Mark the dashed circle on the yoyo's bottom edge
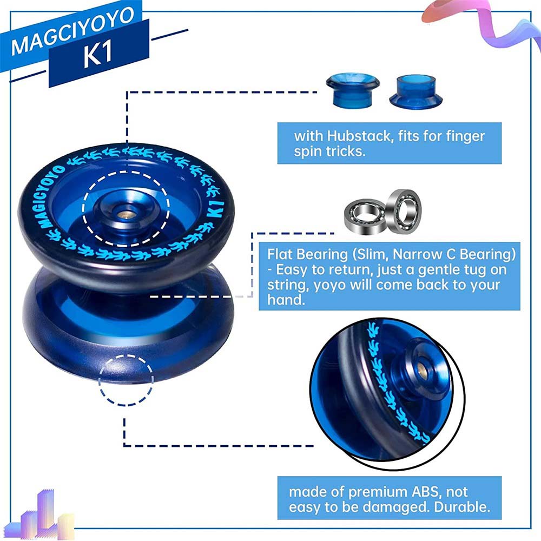pos(126,380)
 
